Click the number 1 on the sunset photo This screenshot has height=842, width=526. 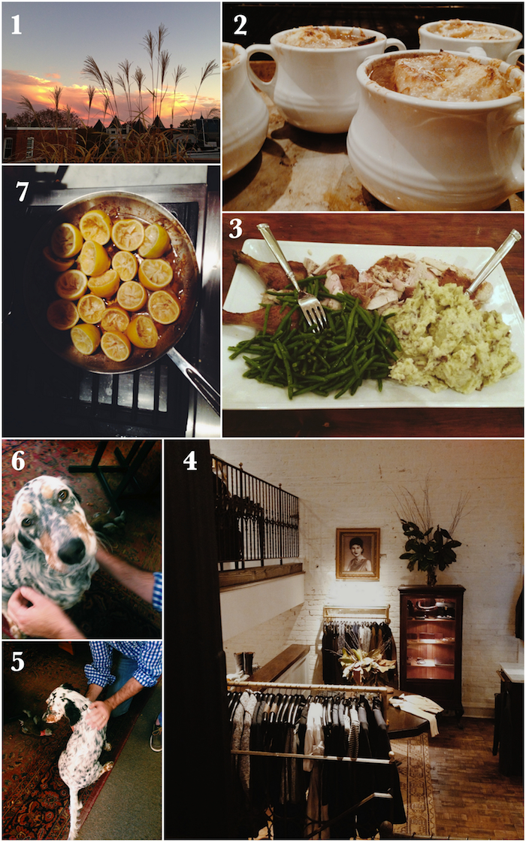tap(17, 26)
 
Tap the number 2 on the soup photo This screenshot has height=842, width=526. tap(240, 26)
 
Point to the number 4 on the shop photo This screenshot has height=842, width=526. tap(190, 461)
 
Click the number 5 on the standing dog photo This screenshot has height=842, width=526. tap(18, 662)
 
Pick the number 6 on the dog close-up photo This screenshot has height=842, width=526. tap(18, 462)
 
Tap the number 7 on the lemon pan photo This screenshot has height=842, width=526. tap(22, 192)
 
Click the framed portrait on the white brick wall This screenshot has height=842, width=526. tap(358, 553)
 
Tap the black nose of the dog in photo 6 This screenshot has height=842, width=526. tap(71, 550)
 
